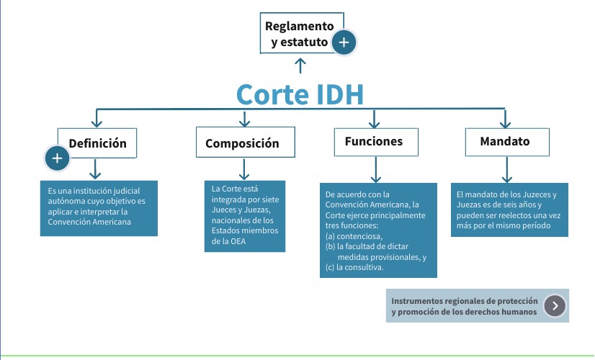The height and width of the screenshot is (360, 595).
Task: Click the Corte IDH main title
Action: (300, 94)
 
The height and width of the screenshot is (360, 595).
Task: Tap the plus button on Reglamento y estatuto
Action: (344, 42)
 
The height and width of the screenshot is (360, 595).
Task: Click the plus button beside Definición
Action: (58, 158)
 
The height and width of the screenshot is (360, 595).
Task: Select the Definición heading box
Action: (97, 143)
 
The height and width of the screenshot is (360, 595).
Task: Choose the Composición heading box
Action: (246, 143)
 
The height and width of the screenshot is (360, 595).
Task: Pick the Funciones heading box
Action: (373, 141)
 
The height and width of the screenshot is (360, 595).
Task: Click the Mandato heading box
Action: (504, 141)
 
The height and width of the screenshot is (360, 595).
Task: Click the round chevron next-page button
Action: (554, 306)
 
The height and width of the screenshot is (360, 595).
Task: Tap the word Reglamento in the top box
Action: (299, 27)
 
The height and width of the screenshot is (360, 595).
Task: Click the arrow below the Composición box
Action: (244, 169)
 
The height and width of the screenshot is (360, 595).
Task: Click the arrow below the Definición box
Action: (95, 169)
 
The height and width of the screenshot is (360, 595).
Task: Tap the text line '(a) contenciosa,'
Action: (354, 235)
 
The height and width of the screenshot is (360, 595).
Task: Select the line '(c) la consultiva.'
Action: (354, 267)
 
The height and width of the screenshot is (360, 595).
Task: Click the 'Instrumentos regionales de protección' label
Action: (465, 300)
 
